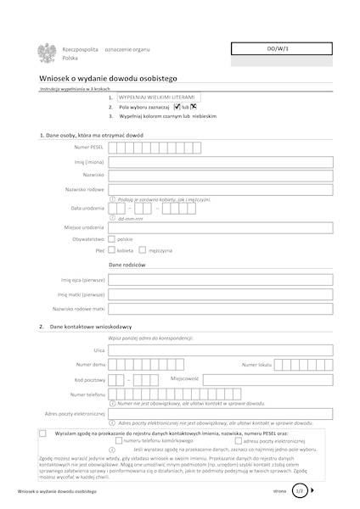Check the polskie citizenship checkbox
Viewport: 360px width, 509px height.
click(112, 239)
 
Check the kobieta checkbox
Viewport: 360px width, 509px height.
click(112, 251)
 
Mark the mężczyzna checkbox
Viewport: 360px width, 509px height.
click(143, 251)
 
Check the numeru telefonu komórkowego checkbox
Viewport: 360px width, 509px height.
click(118, 441)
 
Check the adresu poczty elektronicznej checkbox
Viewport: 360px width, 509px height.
click(237, 441)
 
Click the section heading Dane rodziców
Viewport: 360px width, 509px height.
click(129, 266)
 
